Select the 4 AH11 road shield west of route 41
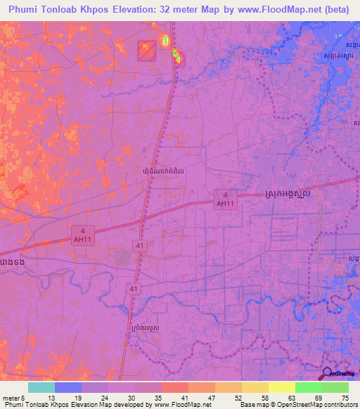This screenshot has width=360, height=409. coord(82,234)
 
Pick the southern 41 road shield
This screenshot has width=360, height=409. coord(134,289)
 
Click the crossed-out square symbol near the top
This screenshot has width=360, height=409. coord(146,50)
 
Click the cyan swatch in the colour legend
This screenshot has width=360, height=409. coord(41,387)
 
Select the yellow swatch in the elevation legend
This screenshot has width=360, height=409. coord(281,387)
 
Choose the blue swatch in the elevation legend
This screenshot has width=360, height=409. coord(68,387)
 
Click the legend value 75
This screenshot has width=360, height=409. coord(344,398)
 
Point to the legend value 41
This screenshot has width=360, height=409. coord(184,398)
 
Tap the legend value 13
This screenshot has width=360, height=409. coord(51,398)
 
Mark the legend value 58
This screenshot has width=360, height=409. coord(264,398)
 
